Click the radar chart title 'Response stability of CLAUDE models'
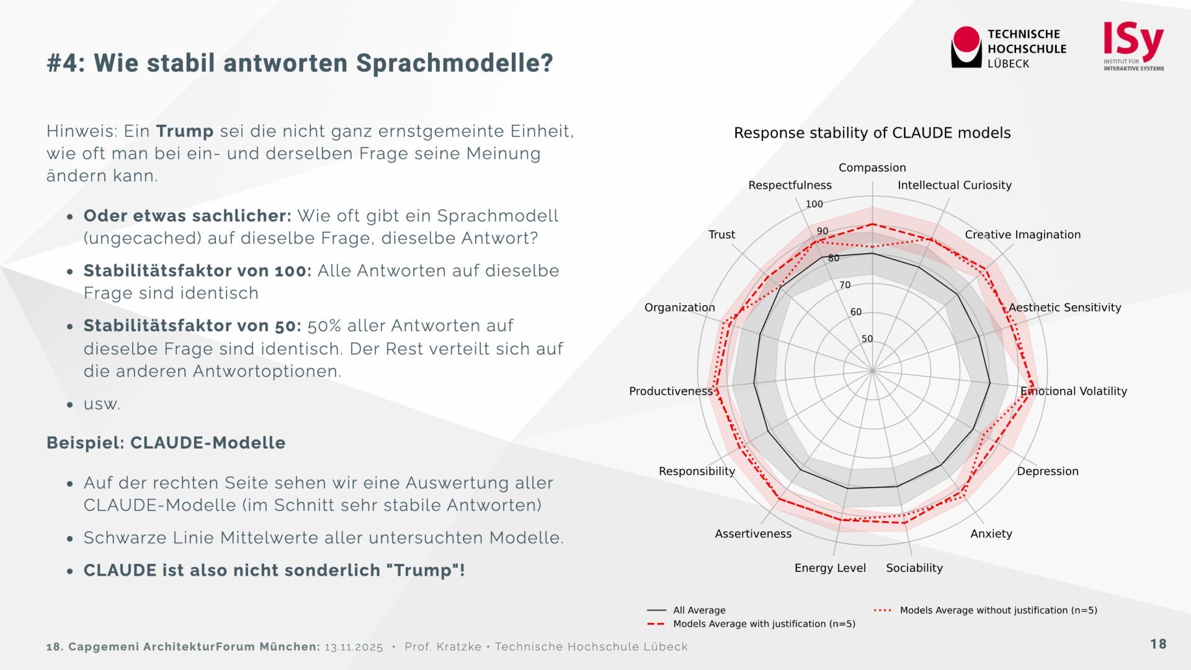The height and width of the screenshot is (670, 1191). click(x=872, y=133)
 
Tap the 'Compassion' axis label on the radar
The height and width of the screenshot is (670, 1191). click(x=872, y=167)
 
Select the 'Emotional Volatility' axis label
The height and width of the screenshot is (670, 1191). click(x=1074, y=391)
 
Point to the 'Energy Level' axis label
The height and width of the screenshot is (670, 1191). click(x=830, y=568)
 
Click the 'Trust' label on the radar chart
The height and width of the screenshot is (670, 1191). click(x=721, y=234)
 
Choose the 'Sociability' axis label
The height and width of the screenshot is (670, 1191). click(x=914, y=568)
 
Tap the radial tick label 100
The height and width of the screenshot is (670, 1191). click(x=814, y=204)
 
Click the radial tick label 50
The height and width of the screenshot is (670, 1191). click(x=867, y=339)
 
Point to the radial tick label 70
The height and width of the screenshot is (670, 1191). click(x=844, y=285)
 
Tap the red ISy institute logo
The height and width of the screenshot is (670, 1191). click(x=1133, y=41)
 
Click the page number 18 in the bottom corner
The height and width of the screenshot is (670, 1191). click(x=1158, y=644)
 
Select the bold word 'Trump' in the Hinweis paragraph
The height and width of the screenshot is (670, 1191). click(x=185, y=131)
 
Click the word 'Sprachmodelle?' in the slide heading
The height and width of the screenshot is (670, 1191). click(x=454, y=63)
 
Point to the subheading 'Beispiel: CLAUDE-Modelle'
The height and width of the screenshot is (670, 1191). click(x=166, y=443)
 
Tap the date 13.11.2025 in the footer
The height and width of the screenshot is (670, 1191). click(x=354, y=647)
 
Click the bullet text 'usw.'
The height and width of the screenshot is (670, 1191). click(x=102, y=404)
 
